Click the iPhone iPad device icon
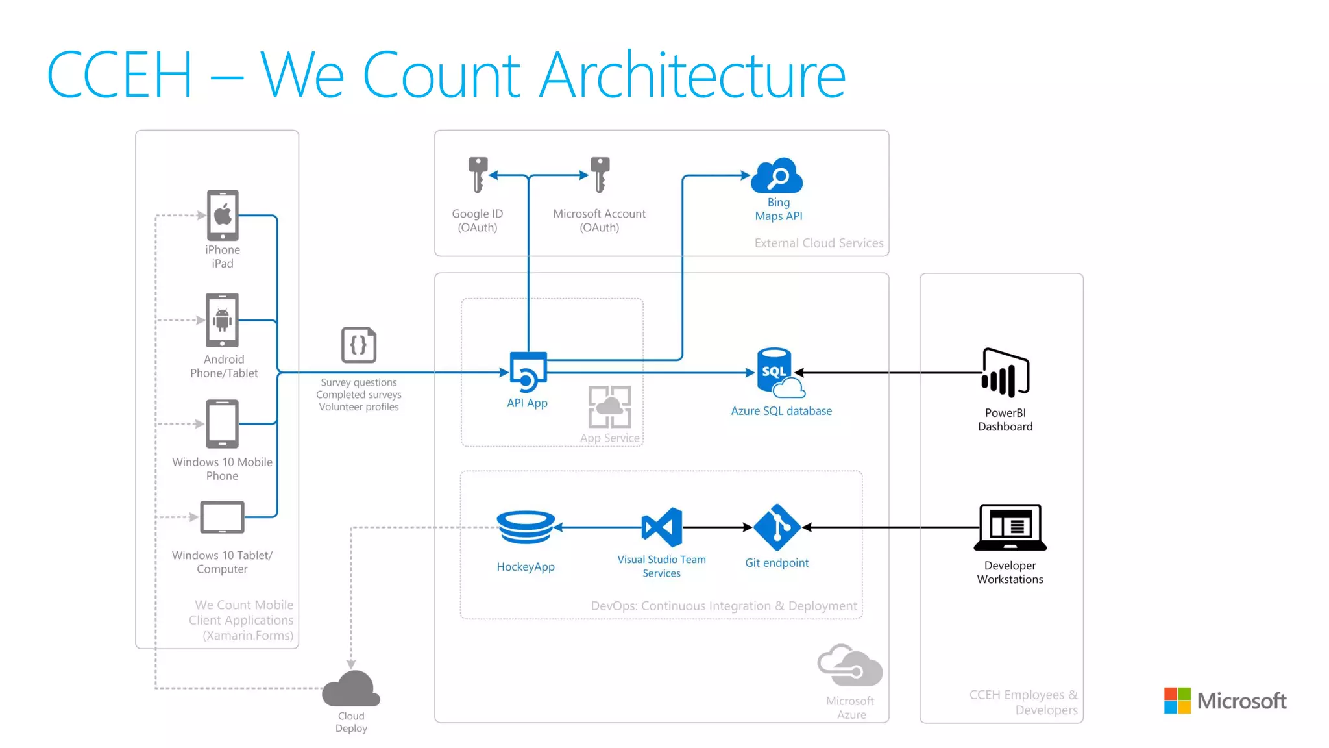click(x=223, y=215)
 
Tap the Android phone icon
click(x=222, y=319)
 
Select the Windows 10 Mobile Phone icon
click(x=222, y=423)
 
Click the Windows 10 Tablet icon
click(x=222, y=517)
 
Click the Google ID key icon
click(x=478, y=174)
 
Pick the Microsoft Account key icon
click(x=600, y=174)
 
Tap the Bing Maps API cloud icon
click(x=777, y=175)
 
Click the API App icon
click(x=528, y=371)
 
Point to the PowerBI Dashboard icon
click(x=1005, y=373)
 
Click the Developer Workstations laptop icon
click(x=1010, y=527)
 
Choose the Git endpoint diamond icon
click(x=777, y=527)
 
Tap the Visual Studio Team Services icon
click(x=662, y=527)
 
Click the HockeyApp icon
click(x=526, y=527)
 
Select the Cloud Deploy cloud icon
click(x=351, y=689)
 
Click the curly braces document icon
click(x=359, y=345)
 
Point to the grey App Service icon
click(x=609, y=406)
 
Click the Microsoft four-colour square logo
click(x=1177, y=701)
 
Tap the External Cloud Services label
click(x=819, y=243)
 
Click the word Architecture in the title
click(x=692, y=75)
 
